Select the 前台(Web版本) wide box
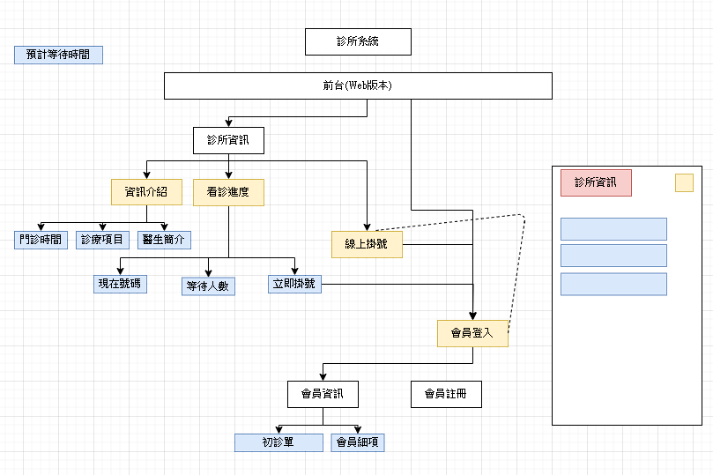coord(358,85)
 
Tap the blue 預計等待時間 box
coord(58,55)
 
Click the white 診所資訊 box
coord(228,140)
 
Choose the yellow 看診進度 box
coord(228,192)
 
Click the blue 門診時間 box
coord(41,240)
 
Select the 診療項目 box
coord(102,240)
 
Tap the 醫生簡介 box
coord(164,240)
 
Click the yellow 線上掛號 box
coord(367,244)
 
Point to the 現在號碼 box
coord(121,284)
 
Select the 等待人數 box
coord(209,286)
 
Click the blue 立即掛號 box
coord(294,284)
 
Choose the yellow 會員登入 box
coord(472,333)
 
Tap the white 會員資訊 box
coord(323,394)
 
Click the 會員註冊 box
coord(446,394)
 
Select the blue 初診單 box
coord(279,442)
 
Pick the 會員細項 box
coord(358,442)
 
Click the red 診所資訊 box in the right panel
coord(596,182)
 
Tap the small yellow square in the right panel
coord(684,182)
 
